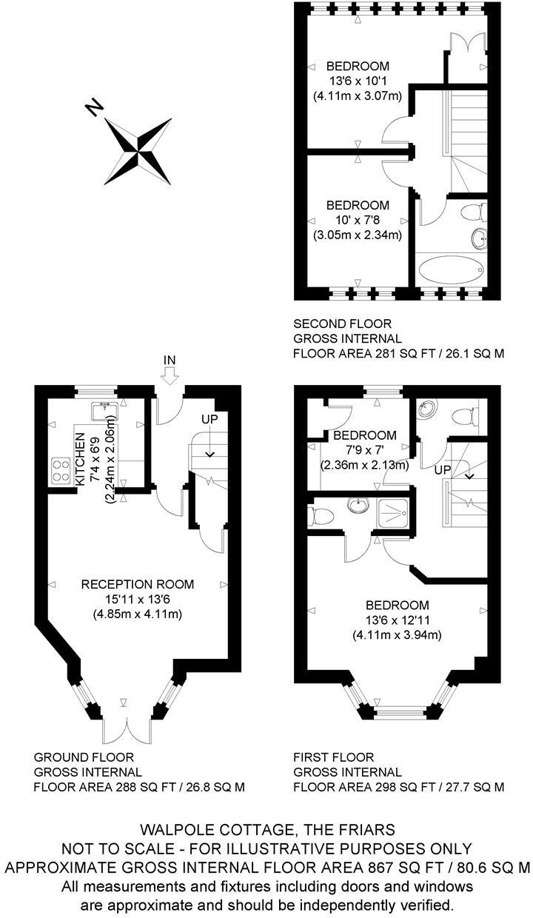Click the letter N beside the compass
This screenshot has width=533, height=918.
(94, 108)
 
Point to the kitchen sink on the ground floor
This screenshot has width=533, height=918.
(102, 410)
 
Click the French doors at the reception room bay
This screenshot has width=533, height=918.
(124, 728)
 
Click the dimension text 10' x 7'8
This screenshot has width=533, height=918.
(358, 220)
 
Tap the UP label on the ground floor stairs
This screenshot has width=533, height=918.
(210, 418)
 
